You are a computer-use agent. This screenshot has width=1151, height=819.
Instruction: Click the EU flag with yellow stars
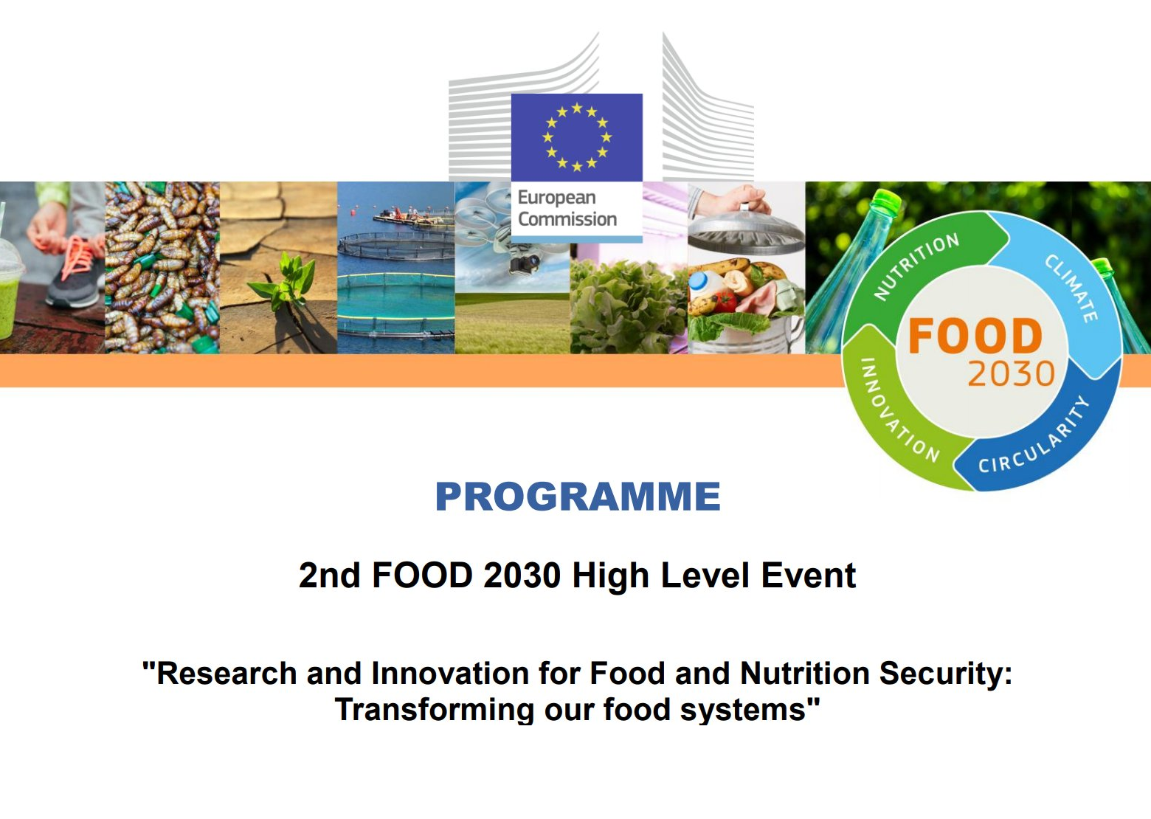click(576, 137)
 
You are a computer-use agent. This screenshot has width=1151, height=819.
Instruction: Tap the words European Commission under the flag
click(567, 208)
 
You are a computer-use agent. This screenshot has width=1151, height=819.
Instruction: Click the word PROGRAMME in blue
click(578, 497)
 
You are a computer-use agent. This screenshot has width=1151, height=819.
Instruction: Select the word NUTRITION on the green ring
click(916, 266)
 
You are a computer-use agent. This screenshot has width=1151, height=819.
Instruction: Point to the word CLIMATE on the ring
click(1072, 288)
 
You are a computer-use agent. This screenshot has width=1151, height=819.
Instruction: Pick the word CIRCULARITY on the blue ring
click(1034, 438)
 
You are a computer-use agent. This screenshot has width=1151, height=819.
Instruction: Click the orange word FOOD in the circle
click(975, 336)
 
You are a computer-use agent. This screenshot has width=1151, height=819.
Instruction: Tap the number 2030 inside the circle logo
click(1012, 374)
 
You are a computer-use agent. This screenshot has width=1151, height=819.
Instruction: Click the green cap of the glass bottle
click(887, 200)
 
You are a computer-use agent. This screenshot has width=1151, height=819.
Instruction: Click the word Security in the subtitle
click(945, 674)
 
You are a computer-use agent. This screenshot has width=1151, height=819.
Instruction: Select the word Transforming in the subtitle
click(434, 710)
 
